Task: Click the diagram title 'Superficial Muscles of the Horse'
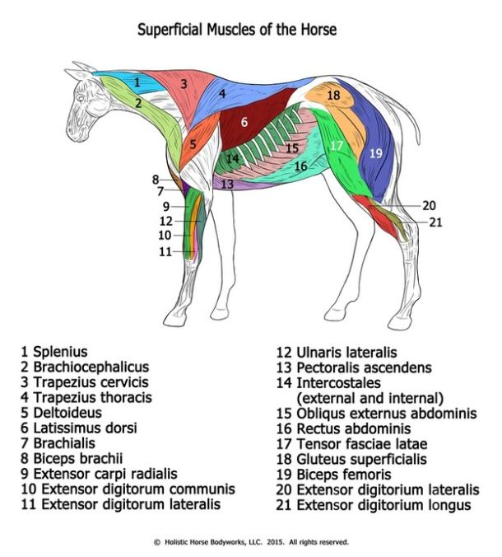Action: [236, 30]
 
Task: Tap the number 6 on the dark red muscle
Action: [244, 122]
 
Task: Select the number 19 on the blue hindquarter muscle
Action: [375, 152]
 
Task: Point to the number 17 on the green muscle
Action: [337, 146]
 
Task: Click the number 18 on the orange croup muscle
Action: [332, 96]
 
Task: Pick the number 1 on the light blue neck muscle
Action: [137, 82]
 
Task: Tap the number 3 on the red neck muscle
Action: [184, 83]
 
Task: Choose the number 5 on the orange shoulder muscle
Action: [192, 144]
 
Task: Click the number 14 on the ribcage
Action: [233, 158]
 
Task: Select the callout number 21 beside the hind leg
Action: [435, 222]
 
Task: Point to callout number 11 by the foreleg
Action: [165, 251]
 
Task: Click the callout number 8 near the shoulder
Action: [155, 179]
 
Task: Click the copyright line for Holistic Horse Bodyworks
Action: [251, 542]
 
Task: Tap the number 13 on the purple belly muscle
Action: [227, 185]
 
